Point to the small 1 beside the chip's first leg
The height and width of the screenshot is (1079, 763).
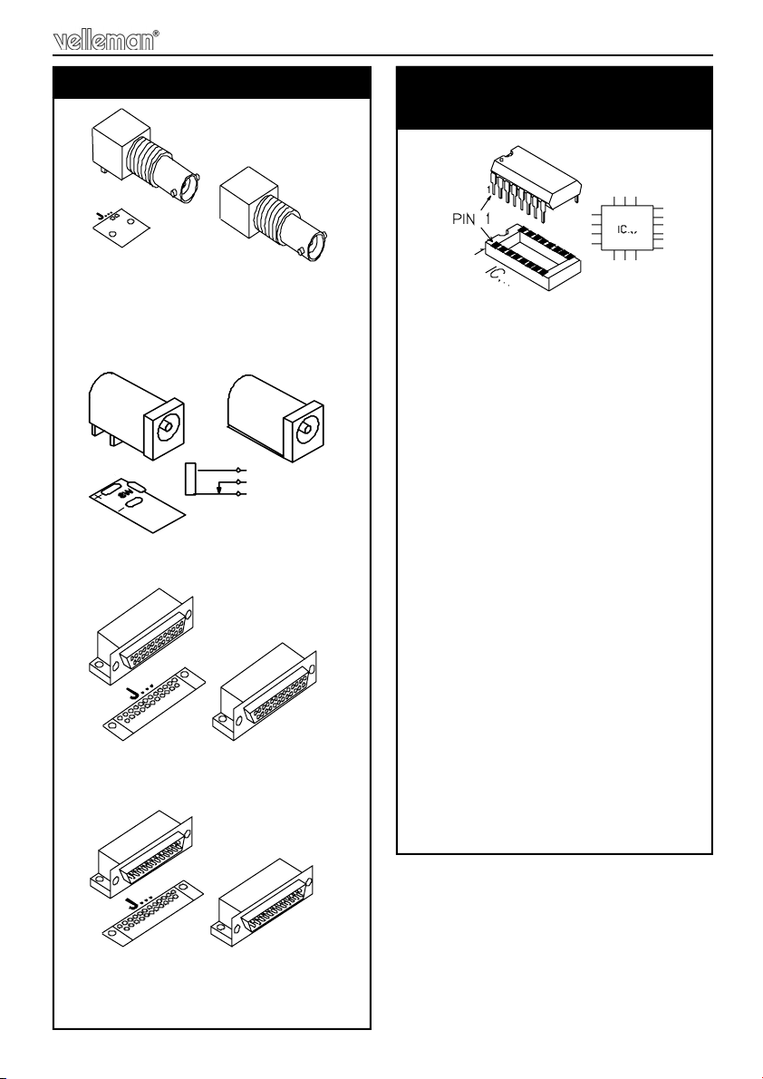489,189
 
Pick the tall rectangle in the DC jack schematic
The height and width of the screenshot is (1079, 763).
190,479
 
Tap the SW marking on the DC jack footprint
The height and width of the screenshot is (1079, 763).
124,494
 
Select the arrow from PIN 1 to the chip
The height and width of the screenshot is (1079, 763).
480,202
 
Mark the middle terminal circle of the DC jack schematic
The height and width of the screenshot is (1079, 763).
238,481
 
